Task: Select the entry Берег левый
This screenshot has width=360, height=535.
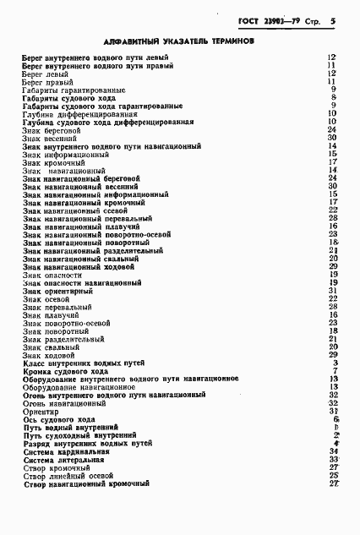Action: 46,74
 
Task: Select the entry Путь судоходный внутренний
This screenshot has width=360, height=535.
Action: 75,435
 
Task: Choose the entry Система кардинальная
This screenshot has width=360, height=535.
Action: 65,451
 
